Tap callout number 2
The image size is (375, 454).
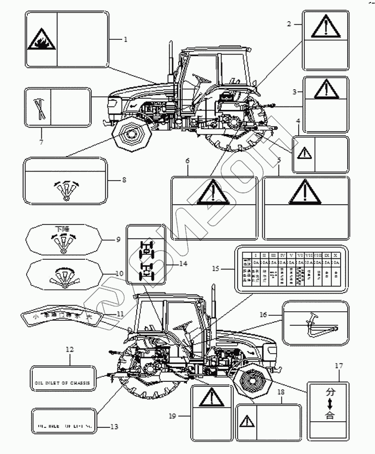tap(289, 24)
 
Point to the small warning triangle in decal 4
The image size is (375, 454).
tap(304, 153)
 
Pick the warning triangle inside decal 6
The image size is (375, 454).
tap(214, 193)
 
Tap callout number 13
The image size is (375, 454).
tap(114, 427)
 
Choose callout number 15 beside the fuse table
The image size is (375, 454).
tap(216, 269)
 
